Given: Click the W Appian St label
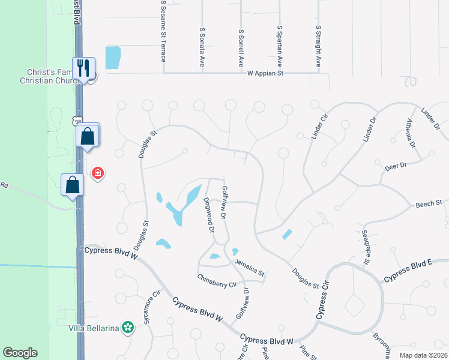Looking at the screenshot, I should pyautogui.click(x=265, y=73).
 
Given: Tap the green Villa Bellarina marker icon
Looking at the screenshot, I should pyautogui.click(x=127, y=328).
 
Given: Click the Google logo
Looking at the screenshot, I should pyautogui.click(x=20, y=353).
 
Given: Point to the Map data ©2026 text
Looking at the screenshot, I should pyautogui.click(x=421, y=355).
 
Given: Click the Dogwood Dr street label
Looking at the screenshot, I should pyautogui.click(x=208, y=215).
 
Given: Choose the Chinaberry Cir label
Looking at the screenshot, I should pyautogui.click(x=218, y=280).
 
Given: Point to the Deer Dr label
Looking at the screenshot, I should pyautogui.click(x=395, y=165).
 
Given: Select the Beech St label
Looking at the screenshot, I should pyautogui.click(x=429, y=205).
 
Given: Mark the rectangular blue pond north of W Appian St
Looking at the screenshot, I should pyautogui.click(x=113, y=58).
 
